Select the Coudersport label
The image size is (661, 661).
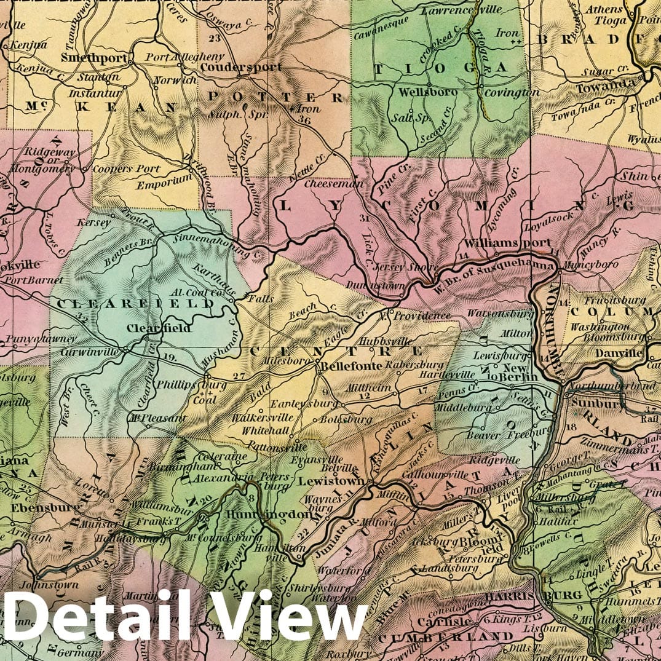point(241,67)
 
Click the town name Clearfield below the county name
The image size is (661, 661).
point(159,328)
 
